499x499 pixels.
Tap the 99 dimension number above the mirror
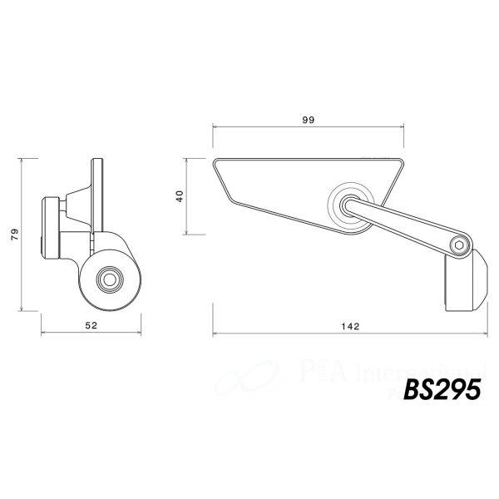click(308, 120)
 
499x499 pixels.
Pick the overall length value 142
click(349, 326)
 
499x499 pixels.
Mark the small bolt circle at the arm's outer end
click(459, 245)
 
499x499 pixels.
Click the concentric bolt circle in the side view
click(108, 279)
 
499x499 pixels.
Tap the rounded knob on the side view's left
click(50, 227)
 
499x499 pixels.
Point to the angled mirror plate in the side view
click(90, 195)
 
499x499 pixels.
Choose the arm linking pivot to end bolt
click(403, 225)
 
